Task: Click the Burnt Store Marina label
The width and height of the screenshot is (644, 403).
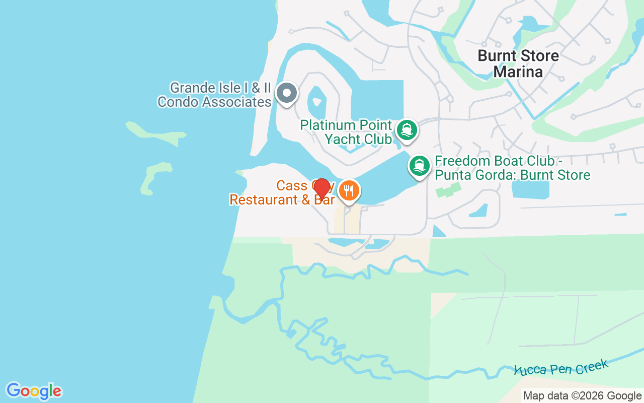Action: pos(518,63)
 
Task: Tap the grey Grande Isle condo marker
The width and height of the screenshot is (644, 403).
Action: pos(287,93)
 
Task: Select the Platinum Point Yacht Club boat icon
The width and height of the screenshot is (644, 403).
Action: pos(407,130)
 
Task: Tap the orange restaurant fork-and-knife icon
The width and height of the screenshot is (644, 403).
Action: pos(349,191)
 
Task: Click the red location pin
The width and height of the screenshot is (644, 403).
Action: pos(321,189)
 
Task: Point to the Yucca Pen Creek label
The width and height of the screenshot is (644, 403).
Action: pos(561,368)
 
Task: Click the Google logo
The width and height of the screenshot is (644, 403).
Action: pos(34,391)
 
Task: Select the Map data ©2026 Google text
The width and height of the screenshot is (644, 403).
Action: pos(582,396)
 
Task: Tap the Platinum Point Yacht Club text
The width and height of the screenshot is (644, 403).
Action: pos(346,132)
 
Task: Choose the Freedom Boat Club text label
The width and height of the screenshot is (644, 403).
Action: pos(512,168)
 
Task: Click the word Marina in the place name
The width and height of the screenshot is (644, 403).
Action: pos(518,72)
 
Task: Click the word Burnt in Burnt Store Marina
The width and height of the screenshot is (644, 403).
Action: pos(496,55)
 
